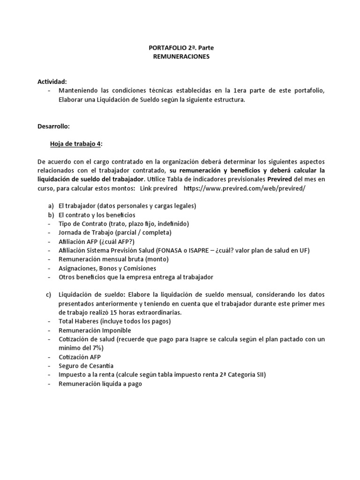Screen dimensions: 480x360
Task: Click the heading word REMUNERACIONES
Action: [x=180, y=57]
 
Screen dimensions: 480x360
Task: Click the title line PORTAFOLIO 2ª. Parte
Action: [x=180, y=48]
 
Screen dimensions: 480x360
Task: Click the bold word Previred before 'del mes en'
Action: [x=280, y=180]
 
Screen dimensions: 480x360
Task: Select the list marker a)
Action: [x=51, y=206]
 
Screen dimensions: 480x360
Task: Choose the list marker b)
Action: [x=51, y=215]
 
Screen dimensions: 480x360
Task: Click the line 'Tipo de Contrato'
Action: [x=123, y=224]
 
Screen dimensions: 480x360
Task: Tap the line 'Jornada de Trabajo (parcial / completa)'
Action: [x=115, y=232]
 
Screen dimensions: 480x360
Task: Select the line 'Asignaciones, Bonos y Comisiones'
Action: [x=107, y=268]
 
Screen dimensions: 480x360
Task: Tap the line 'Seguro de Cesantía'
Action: [x=86, y=366]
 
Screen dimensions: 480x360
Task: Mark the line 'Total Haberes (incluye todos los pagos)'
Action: [x=115, y=321]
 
